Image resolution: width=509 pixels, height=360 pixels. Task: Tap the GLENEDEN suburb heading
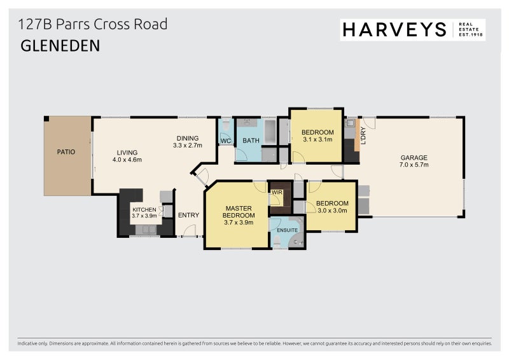[x=60, y=46]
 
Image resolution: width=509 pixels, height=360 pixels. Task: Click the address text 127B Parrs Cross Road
[x=93, y=25]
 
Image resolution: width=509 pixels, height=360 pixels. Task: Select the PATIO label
[x=66, y=152]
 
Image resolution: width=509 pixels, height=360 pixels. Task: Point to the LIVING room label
[x=127, y=152]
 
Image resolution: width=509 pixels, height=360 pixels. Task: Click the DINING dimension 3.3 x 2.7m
[x=187, y=146]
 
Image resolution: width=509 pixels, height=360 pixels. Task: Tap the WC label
[x=225, y=140]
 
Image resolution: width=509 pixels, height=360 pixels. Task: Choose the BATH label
[x=250, y=141]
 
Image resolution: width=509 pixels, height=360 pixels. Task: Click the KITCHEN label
[x=144, y=209]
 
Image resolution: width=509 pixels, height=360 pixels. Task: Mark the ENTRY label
[x=188, y=215]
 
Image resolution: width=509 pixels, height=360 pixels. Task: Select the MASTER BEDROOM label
[x=239, y=212]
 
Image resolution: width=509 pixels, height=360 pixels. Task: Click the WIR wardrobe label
[x=277, y=191]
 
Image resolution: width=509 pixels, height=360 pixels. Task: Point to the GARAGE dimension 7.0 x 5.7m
[x=414, y=165]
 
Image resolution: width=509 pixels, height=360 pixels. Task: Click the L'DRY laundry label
[x=363, y=135]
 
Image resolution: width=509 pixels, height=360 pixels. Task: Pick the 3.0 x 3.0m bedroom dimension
[x=331, y=211]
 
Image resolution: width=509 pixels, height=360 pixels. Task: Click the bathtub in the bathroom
[x=270, y=132]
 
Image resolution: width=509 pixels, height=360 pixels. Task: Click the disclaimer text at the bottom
[x=254, y=343]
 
